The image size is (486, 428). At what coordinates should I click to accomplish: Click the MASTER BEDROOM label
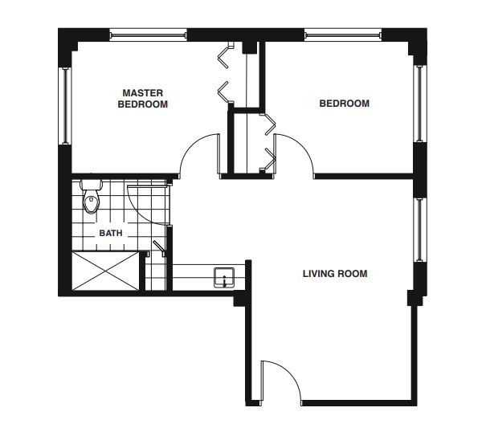coord(142,99)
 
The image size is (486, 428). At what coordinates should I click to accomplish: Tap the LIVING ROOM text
coord(335,274)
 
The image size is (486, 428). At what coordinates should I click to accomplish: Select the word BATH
coord(111,233)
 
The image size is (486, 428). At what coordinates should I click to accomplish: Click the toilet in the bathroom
coord(91,197)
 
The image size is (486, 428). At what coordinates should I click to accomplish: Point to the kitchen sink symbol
coord(224,278)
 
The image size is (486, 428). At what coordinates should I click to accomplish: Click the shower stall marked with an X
coord(105,271)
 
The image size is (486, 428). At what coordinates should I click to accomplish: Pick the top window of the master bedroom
coord(149,35)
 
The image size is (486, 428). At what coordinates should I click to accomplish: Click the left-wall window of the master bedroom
coord(65,105)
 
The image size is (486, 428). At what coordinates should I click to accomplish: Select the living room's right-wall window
coord(419,230)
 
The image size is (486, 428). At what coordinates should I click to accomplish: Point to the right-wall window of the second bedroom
coord(419,104)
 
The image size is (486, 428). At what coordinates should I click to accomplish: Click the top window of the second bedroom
coord(343,35)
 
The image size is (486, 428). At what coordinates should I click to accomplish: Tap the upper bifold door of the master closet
coord(226,55)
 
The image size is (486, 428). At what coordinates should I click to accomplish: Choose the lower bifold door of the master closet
coord(226,92)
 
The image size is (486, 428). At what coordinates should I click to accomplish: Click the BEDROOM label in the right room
coord(345,104)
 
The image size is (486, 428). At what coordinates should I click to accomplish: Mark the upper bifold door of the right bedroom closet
coord(268,124)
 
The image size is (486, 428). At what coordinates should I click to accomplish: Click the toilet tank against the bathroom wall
coord(91,185)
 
